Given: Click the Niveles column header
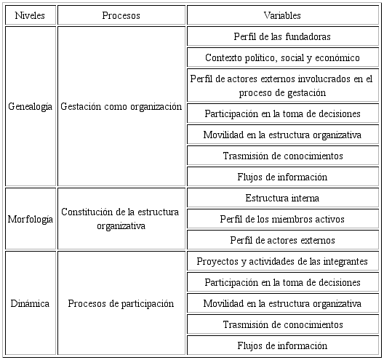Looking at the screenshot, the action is pyautogui.click(x=29, y=15).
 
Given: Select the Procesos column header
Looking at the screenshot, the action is pyautogui.click(x=121, y=15).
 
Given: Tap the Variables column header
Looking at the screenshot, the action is pyautogui.click(x=283, y=15).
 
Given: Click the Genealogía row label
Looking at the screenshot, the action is pyautogui.click(x=30, y=106).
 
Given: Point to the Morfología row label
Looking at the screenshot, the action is pyautogui.click(x=30, y=219).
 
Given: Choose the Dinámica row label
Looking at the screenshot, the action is pyautogui.click(x=30, y=303).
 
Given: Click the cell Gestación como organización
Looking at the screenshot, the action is pyautogui.click(x=121, y=106).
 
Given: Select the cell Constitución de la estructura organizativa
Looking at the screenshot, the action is pyautogui.click(x=121, y=219).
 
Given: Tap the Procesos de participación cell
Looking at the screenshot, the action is pyautogui.click(x=121, y=303).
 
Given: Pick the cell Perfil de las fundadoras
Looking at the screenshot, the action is pyautogui.click(x=283, y=36).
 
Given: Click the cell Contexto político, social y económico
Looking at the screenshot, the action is pyautogui.click(x=283, y=57).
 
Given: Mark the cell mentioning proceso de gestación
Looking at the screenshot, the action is pyautogui.click(x=283, y=85).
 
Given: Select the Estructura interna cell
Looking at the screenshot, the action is pyautogui.click(x=283, y=198).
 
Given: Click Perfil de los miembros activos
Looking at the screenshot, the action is pyautogui.click(x=283, y=219).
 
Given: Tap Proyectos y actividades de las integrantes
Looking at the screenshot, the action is pyautogui.click(x=283, y=261).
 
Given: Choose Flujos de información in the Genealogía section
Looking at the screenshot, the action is pyautogui.click(x=283, y=177).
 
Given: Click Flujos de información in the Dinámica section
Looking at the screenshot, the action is pyautogui.click(x=283, y=345).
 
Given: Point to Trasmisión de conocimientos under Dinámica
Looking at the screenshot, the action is pyautogui.click(x=283, y=324).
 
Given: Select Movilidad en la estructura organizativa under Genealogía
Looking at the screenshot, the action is pyautogui.click(x=283, y=135).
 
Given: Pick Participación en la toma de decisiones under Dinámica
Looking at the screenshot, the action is pyautogui.click(x=283, y=282).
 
